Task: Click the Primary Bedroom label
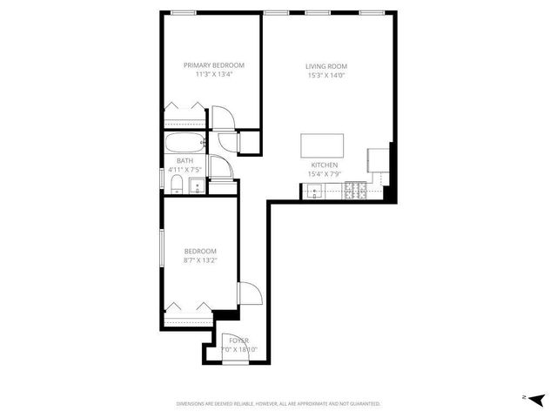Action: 213,64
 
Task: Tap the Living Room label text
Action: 326,66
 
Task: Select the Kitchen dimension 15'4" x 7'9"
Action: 325,175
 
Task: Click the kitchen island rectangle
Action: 322,145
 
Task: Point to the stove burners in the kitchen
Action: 355,190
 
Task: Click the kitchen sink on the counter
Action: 312,192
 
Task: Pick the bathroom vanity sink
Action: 197,185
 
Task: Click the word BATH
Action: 185,160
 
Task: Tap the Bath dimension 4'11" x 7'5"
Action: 185,169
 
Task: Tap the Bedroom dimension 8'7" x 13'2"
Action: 199,260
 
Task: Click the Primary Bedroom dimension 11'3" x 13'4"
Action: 213,74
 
